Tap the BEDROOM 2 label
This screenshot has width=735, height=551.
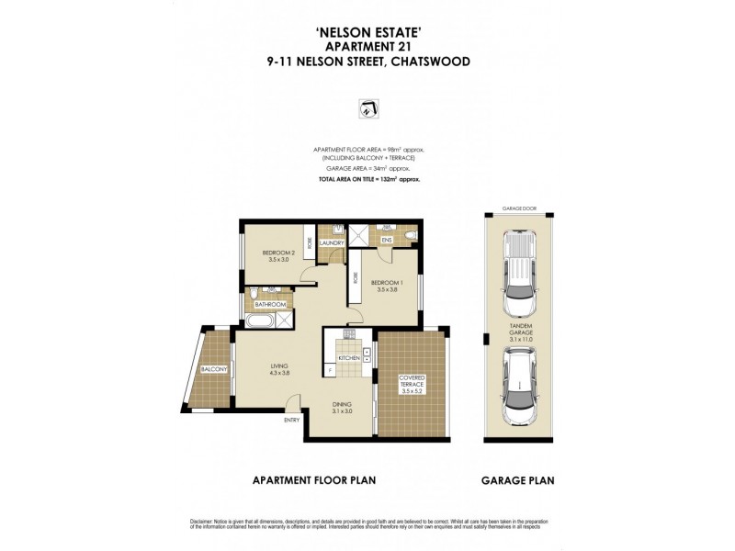(x=277, y=253)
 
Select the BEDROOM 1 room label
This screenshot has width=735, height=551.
(x=387, y=282)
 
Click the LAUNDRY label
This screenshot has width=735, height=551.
(x=332, y=243)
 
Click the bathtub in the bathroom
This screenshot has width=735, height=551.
(x=262, y=320)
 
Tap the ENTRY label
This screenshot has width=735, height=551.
(x=292, y=421)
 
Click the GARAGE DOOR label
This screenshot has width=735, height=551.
(x=519, y=208)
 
